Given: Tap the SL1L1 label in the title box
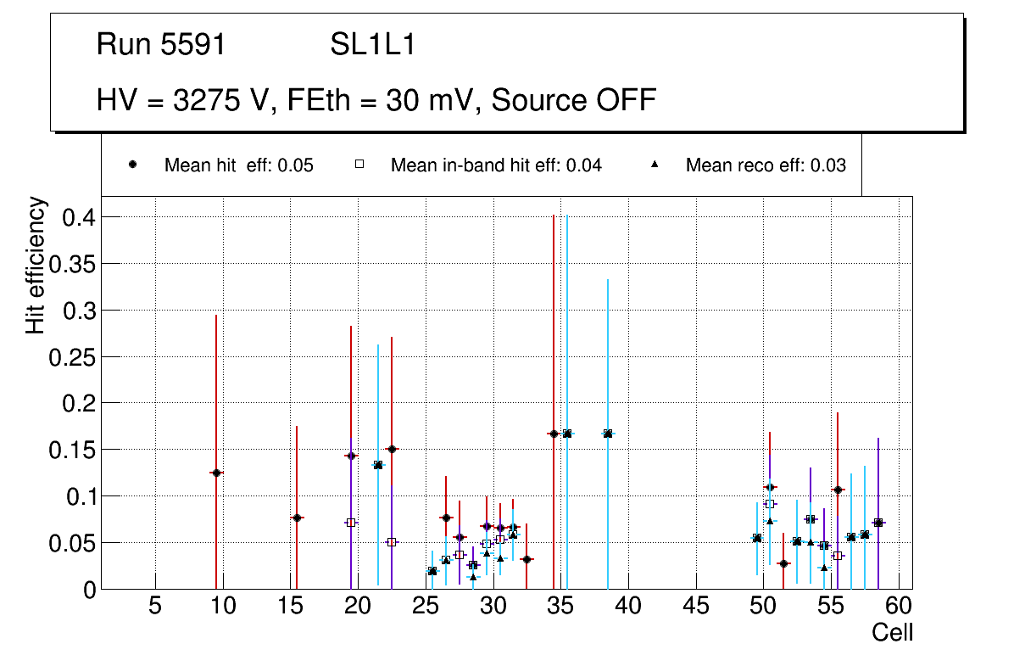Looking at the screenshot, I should click(373, 45).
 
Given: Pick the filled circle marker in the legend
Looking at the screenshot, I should click(133, 165).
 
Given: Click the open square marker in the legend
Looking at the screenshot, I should click(359, 165).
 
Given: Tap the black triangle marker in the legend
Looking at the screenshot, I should click(655, 165).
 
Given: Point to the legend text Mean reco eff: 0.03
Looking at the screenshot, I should click(766, 165).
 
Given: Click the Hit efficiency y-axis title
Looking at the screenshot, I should click(36, 266).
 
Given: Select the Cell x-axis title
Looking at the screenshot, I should click(892, 632).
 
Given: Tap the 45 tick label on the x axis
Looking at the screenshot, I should click(696, 607).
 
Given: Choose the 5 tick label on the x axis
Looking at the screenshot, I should click(155, 607).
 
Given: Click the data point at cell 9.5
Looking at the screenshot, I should click(216, 473).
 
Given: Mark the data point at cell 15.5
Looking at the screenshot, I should click(297, 518).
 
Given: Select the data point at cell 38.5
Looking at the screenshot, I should click(608, 434).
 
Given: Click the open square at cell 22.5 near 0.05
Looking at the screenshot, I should click(392, 542).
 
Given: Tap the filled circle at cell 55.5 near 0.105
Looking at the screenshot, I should click(838, 490).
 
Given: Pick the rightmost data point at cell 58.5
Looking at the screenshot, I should click(878, 523).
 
